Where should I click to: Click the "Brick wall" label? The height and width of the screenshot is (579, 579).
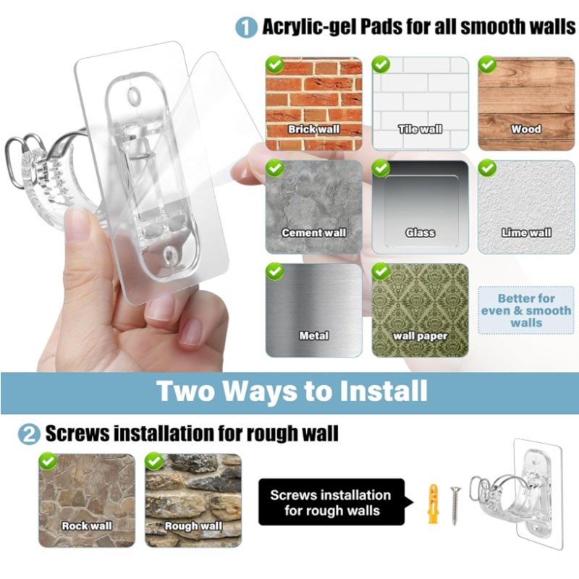(313, 130)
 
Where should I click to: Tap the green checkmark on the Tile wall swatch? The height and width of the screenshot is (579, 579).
(381, 64)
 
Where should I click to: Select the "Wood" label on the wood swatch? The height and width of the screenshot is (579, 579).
(526, 130)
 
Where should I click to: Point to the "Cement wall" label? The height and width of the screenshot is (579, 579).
(313, 232)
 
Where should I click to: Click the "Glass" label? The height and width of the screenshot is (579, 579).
(420, 232)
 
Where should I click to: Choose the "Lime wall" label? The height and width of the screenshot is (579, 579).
(526, 232)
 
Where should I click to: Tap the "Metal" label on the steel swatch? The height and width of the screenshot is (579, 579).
(314, 336)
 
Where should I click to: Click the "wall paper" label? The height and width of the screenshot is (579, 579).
(420, 336)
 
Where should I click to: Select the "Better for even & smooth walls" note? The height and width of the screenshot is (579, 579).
(526, 310)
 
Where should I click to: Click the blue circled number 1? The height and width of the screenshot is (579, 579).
(246, 28)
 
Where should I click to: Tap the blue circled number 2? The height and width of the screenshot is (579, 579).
(29, 434)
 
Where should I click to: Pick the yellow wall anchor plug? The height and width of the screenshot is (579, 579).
(434, 504)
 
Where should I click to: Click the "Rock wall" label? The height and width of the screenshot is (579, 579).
(87, 526)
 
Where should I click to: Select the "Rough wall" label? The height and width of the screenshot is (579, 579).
(193, 526)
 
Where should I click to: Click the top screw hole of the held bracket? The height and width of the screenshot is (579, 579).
(134, 96)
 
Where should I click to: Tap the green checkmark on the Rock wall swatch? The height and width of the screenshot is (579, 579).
(48, 461)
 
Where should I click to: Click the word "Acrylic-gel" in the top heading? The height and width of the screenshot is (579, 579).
(309, 28)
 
